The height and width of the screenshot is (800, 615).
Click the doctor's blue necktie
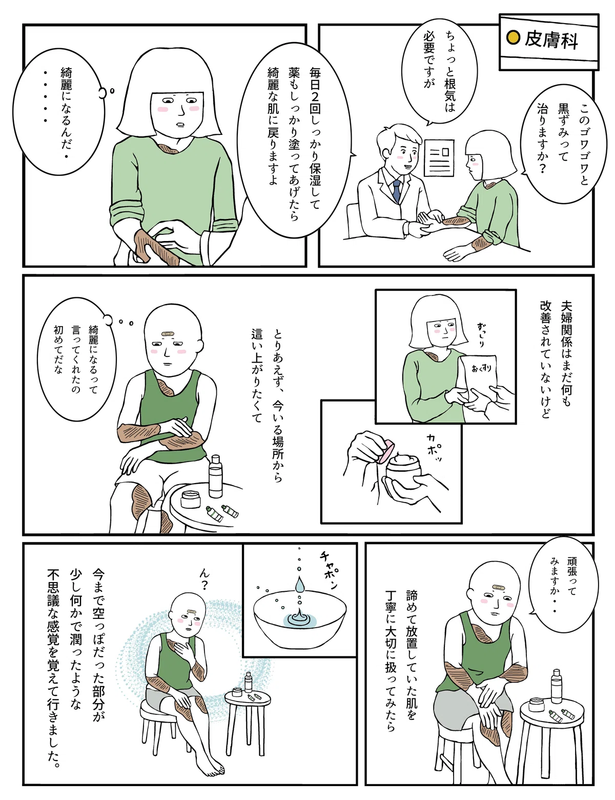[397, 192]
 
